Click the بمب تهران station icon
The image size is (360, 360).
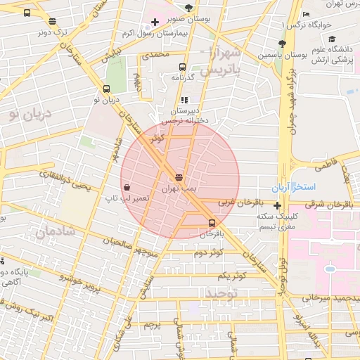(179, 178)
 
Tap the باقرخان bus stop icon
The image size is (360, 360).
(211, 222)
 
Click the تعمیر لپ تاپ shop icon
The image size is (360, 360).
(127, 188)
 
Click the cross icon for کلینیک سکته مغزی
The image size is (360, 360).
(279, 206)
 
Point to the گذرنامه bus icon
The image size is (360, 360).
(183, 67)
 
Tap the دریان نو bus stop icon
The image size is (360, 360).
(106, 89)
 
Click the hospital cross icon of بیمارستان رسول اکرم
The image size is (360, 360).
(154, 22)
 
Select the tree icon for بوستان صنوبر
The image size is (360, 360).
(188, 7)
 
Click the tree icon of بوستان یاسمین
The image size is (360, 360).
(280, 43)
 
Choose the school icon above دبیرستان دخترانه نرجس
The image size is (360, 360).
(184, 101)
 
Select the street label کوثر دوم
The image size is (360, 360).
(209, 252)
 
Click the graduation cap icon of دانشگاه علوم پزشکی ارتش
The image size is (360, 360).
(331, 39)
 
